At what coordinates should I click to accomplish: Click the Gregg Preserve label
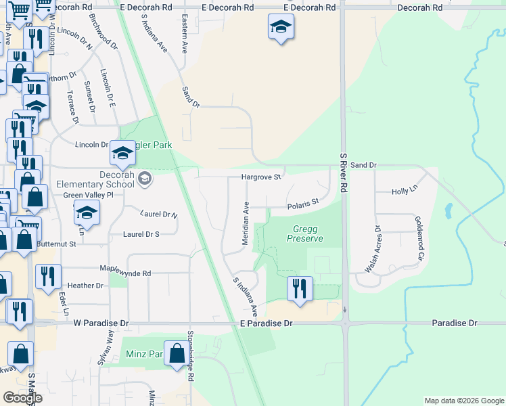click(x=305, y=233)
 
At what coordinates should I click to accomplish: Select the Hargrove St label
click(x=261, y=177)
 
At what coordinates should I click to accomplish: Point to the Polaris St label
click(x=302, y=203)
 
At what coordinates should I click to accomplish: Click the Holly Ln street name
click(x=405, y=192)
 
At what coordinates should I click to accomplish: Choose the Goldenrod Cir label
click(x=419, y=239)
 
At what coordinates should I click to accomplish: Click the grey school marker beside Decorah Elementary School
click(x=144, y=179)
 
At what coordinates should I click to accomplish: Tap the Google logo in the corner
click(x=22, y=398)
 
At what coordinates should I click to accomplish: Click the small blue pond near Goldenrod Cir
click(x=447, y=212)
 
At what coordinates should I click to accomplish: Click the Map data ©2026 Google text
click(x=463, y=401)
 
